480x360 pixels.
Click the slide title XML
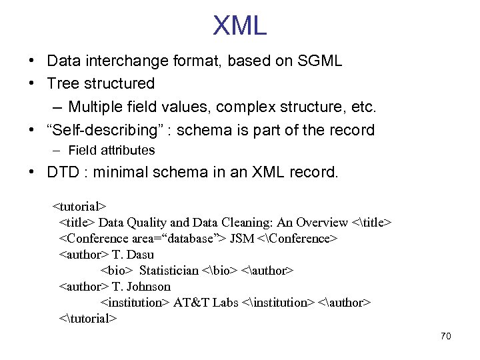point(240,25)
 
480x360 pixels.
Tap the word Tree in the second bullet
point(63,84)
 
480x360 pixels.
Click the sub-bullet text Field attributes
point(111,151)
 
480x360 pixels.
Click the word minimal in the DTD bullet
point(119,173)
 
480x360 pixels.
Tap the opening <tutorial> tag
point(79,207)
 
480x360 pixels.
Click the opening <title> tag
point(77,223)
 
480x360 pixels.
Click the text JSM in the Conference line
point(241,239)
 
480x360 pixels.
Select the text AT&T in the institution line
point(188,303)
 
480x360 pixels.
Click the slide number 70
point(445,336)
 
